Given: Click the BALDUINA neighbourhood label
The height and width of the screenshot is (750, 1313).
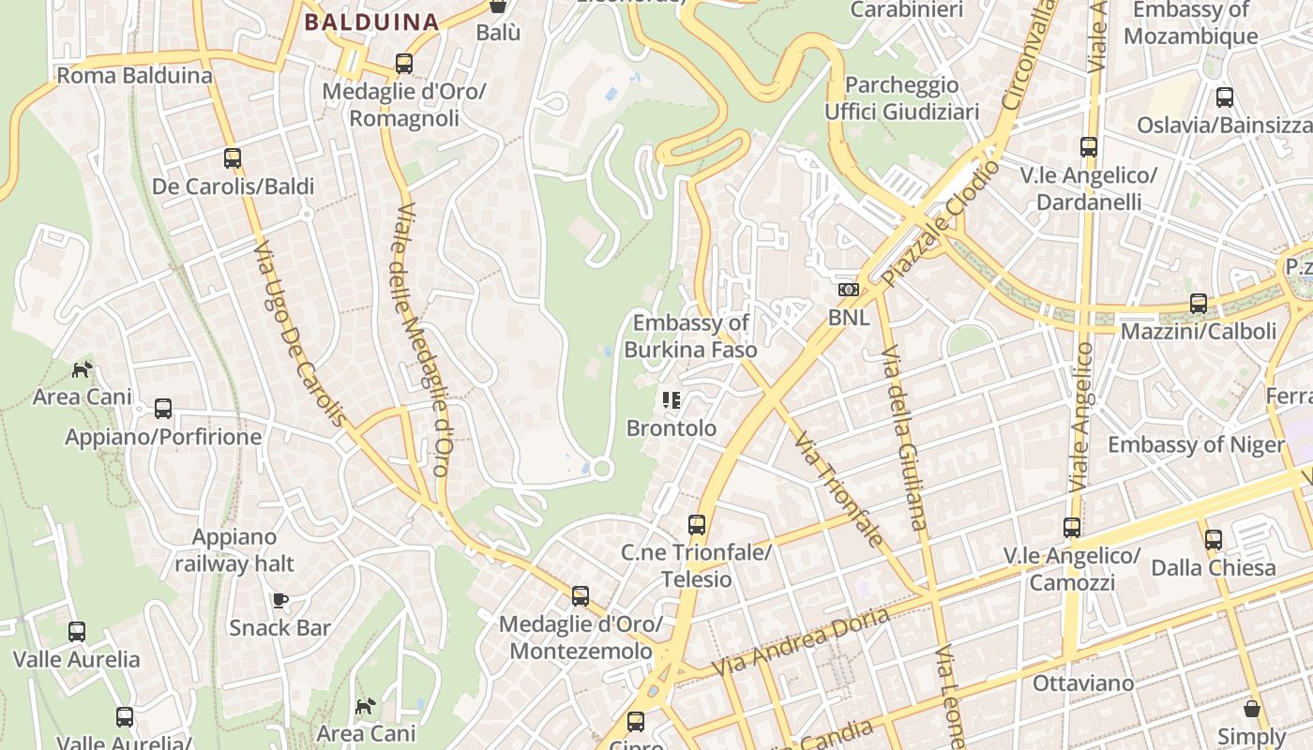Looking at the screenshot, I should point(372,22).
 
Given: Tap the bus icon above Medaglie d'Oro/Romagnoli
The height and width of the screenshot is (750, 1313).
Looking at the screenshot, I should point(404,64).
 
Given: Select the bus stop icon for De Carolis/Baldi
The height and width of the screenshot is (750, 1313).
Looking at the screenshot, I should point(233,158).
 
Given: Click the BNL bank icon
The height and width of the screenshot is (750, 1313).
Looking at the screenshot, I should point(849,290).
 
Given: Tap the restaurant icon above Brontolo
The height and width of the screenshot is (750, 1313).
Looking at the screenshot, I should point(671,400).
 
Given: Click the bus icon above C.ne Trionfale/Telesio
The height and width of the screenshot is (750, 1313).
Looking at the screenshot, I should point(696,524).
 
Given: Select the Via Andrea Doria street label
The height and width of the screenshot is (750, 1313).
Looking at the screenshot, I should point(800,643).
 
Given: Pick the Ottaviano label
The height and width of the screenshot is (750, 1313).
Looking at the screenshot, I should point(1083,682).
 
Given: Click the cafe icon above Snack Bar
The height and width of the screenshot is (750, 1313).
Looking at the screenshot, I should point(279,599).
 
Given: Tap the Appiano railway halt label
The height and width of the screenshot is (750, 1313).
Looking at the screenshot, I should point(234,550).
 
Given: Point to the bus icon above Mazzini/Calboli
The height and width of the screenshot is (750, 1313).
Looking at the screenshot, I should point(1198,303).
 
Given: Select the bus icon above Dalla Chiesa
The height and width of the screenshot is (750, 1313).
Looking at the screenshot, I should point(1214,539).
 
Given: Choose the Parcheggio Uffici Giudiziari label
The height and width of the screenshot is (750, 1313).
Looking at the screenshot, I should point(901,98).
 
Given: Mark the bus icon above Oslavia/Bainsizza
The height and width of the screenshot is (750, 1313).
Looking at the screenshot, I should point(1224,97).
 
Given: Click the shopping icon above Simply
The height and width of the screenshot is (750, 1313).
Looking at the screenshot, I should point(1251,708).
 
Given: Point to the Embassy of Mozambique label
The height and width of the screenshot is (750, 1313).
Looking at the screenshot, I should point(1191,23).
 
